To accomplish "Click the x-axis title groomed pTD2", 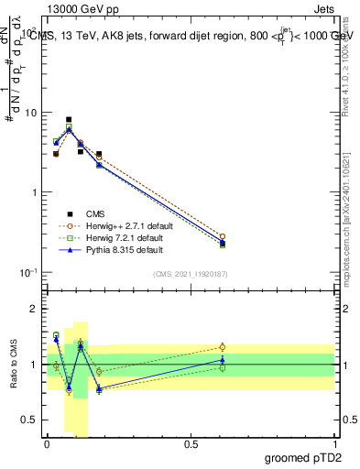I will (302, 456).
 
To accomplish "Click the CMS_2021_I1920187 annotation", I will (190, 274).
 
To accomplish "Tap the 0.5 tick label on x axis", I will (191, 442).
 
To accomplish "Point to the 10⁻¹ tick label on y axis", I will (26, 272).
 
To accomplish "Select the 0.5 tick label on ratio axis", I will (27, 420).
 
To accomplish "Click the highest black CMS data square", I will (69, 119).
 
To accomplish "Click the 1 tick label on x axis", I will (333, 442).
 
